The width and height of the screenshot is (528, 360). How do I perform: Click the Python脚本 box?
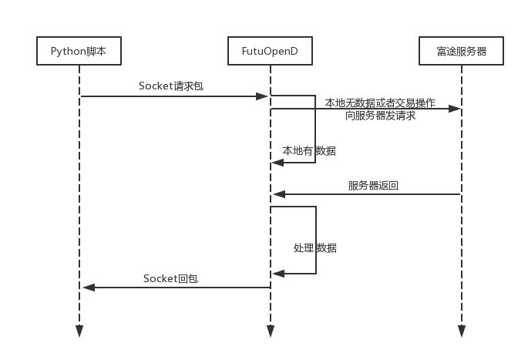point(79,52)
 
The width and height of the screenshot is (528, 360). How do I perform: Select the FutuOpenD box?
point(270,52)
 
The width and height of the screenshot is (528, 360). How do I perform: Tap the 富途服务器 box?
point(462,52)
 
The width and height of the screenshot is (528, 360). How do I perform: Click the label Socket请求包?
point(170,86)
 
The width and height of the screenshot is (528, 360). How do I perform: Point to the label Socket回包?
point(170,278)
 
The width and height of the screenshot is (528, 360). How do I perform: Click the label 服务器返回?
point(373,185)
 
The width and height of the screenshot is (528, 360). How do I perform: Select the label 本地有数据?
point(309,151)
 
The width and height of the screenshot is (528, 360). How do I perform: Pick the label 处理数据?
point(314,248)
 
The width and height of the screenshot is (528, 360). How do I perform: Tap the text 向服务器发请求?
point(380,116)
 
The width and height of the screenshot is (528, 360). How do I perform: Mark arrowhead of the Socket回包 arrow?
point(89,288)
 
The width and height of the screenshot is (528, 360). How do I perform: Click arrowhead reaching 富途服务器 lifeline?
point(455,109)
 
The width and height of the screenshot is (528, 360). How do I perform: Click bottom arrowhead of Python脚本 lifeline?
point(79,331)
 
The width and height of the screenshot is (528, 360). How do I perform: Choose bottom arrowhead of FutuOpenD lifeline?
point(270,331)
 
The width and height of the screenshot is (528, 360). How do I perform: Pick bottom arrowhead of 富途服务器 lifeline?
point(462,331)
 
